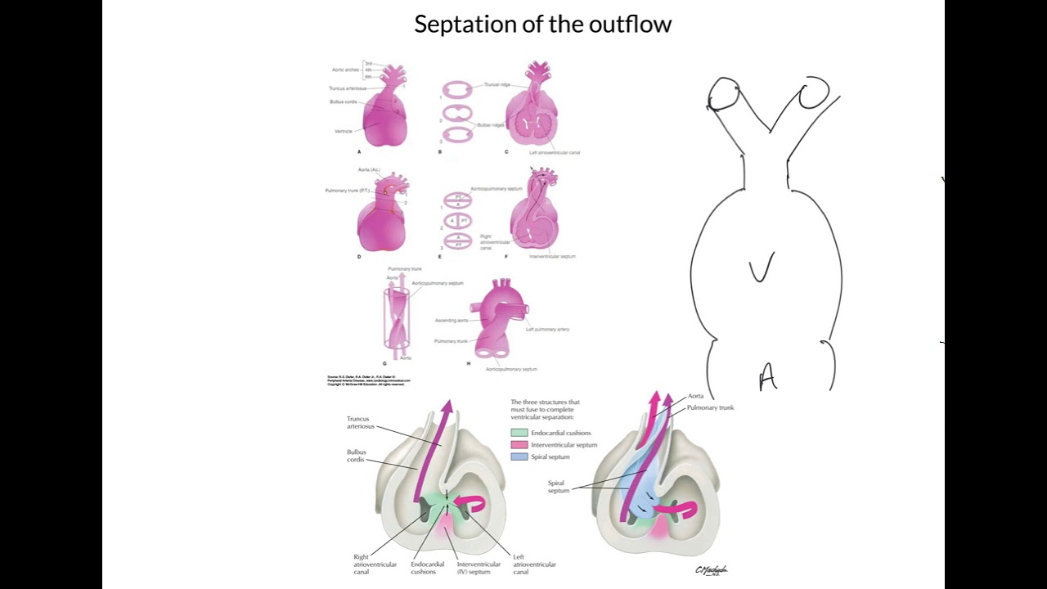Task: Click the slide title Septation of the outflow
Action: pos(542,25)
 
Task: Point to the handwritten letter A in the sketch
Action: pos(767,378)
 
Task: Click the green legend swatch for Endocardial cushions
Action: pos(519,433)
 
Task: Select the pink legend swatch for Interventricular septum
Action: pos(519,445)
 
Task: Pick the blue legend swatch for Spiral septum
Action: pos(519,456)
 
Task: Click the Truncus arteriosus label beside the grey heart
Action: pos(357,422)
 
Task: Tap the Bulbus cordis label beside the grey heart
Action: pos(356,456)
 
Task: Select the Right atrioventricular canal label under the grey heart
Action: pos(375,564)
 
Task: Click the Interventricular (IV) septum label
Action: pos(479,568)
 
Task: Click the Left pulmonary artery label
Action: pos(547,329)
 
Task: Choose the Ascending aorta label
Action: pos(451,320)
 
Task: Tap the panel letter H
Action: pos(468,362)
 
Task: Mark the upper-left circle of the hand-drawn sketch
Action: pos(724,93)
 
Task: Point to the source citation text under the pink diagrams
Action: pos(368,380)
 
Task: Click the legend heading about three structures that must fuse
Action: pos(545,406)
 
